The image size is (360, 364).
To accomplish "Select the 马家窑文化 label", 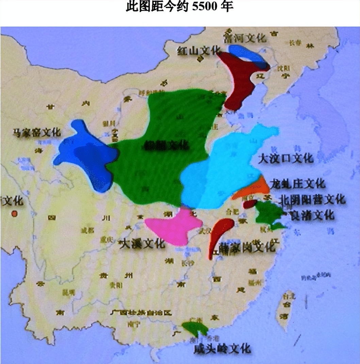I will (36, 133).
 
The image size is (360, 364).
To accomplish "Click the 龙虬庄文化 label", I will (297, 184).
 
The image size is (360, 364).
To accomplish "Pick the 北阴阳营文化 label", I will (312, 200).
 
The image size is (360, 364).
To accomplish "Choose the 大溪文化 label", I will (142, 244).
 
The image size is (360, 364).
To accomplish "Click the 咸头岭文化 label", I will (222, 348).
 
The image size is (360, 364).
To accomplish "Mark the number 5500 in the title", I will (206, 7).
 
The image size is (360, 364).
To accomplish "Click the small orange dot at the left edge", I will (14, 214).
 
